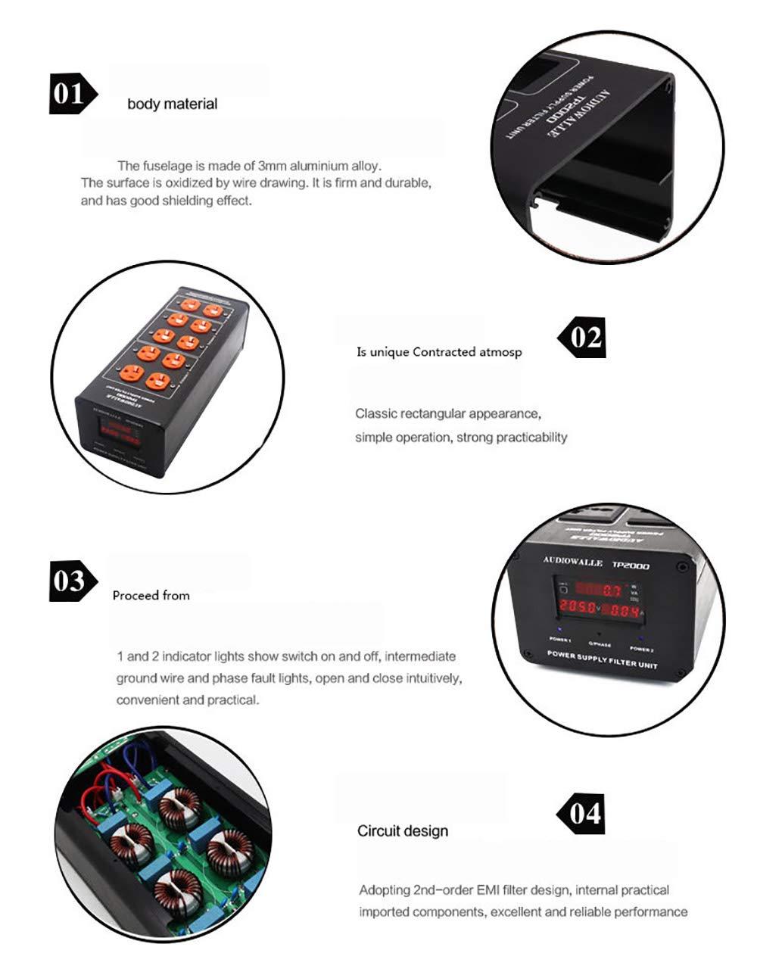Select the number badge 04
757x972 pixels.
tap(583, 814)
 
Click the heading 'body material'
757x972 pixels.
tap(172, 104)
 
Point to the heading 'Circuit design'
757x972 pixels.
tap(403, 831)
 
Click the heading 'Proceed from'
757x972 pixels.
tap(151, 596)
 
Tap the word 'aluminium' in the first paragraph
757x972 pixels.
tap(314, 166)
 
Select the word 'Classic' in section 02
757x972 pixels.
tap(376, 414)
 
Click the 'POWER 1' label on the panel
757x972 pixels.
tap(560, 640)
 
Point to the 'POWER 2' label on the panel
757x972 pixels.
tap(641, 649)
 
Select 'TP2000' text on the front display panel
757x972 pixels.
tap(631, 565)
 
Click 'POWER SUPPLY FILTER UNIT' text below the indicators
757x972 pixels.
tap(602, 659)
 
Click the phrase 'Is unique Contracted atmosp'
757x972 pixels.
tap(439, 352)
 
